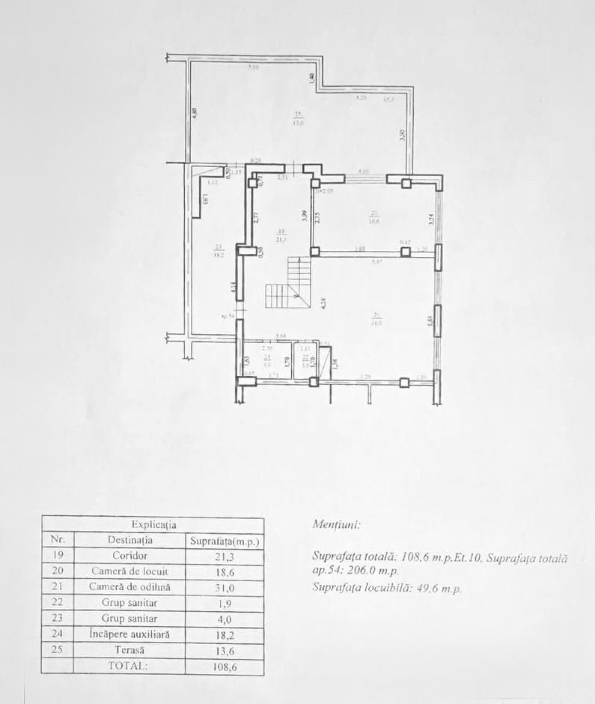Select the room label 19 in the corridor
pyautogui.click(x=281, y=231)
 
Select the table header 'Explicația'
pyautogui.click(x=153, y=525)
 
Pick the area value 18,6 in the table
pyautogui.click(x=224, y=571)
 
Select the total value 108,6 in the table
pyautogui.click(x=224, y=665)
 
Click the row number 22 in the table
pyautogui.click(x=57, y=602)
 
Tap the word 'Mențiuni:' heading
pyautogui.click(x=335, y=525)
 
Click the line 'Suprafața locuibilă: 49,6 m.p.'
pyautogui.click(x=387, y=588)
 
